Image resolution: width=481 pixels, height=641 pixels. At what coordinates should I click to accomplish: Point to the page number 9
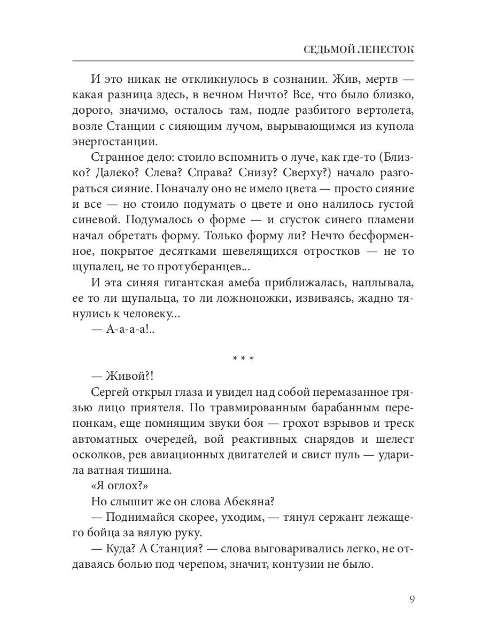(412, 599)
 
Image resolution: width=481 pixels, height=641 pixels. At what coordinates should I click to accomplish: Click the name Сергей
(111, 392)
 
